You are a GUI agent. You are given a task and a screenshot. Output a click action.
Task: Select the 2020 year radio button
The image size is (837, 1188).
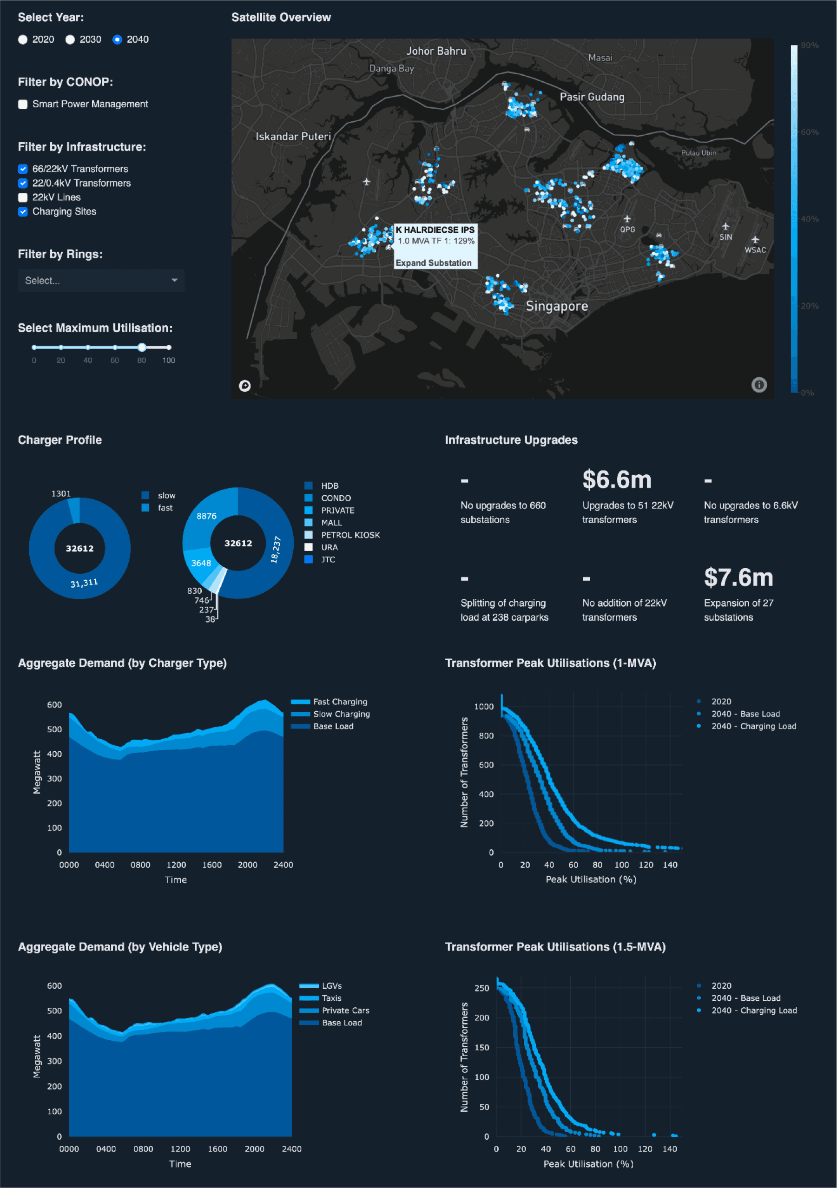[23, 40]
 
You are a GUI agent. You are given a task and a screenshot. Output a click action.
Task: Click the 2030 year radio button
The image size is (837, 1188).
[70, 40]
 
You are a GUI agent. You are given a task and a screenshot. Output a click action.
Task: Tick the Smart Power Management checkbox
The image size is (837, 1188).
[23, 105]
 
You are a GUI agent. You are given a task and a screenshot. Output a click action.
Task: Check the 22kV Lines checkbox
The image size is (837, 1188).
[23, 197]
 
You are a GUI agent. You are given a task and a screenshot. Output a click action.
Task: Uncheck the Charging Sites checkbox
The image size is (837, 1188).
[23, 211]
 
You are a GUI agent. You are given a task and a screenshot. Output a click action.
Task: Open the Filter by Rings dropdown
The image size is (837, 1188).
[101, 281]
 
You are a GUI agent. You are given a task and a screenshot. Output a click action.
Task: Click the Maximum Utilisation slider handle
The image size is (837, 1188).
[142, 347]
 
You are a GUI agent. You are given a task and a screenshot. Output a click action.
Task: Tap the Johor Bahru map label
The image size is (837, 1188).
[436, 51]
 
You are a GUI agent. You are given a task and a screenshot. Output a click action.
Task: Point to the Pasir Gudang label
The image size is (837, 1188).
[592, 97]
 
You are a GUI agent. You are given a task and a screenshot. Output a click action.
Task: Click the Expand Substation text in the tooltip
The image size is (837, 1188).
[433, 263]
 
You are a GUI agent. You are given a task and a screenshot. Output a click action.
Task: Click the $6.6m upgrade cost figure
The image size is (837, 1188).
[617, 479]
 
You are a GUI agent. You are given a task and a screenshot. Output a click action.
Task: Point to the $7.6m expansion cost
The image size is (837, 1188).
[738, 578]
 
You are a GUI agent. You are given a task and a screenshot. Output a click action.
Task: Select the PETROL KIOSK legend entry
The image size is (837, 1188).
[350, 535]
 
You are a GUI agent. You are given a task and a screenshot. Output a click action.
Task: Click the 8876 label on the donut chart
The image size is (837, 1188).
[206, 516]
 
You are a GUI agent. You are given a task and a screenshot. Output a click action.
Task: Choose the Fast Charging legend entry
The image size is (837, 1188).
[340, 702]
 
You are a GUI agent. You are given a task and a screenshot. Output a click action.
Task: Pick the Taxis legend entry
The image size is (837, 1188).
[331, 998]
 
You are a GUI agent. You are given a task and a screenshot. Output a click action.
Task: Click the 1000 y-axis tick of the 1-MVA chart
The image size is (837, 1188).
[483, 707]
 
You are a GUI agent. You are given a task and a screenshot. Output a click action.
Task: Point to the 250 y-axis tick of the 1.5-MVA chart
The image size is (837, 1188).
[481, 988]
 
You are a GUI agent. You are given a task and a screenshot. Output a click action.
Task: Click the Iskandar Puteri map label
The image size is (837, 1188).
[293, 137]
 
